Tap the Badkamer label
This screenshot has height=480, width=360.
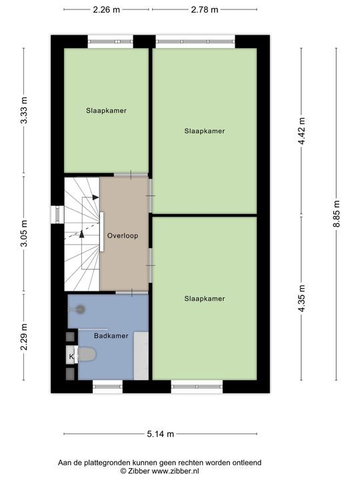tap(111, 336)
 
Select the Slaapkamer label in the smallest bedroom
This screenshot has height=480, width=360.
tap(106, 110)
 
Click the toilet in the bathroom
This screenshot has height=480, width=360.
tap(87, 355)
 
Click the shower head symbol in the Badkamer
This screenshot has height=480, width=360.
tap(81, 309)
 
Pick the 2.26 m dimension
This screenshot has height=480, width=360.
tap(107, 9)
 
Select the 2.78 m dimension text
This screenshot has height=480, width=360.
tap(204, 9)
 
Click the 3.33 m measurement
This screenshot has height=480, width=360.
tap(24, 111)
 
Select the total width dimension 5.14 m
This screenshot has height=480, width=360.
tap(161, 434)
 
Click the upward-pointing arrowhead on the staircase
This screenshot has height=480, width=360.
tap(82, 233)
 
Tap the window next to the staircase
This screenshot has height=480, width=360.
tap(57, 215)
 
